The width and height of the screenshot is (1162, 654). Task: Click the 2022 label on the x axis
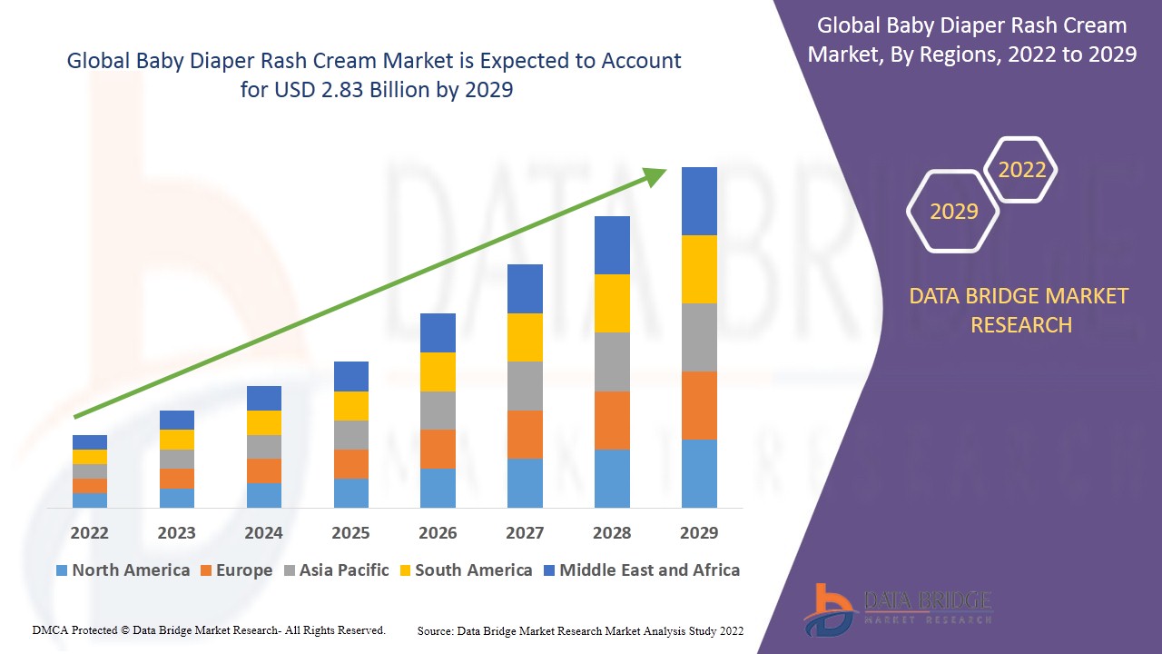pyautogui.click(x=89, y=532)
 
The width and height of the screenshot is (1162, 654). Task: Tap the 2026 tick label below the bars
pyautogui.click(x=438, y=532)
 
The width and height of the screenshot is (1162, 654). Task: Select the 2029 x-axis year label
pyautogui.click(x=699, y=532)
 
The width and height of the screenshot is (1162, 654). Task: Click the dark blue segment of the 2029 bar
pyautogui.click(x=699, y=201)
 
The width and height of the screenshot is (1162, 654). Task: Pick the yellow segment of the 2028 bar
pyautogui.click(x=612, y=303)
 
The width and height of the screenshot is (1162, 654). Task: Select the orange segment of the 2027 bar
pyautogui.click(x=525, y=434)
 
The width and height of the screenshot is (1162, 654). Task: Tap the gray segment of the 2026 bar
pyautogui.click(x=438, y=411)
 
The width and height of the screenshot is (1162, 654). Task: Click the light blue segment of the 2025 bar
pyautogui.click(x=351, y=492)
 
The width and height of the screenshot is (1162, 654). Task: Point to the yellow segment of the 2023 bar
pyautogui.click(x=177, y=440)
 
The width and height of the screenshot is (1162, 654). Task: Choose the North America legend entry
pyautogui.click(x=123, y=570)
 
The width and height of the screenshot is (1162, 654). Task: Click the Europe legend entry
pyautogui.click(x=235, y=570)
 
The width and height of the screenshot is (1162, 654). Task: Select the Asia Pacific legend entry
pyautogui.click(x=335, y=570)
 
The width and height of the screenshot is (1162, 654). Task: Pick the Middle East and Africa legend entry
pyautogui.click(x=641, y=570)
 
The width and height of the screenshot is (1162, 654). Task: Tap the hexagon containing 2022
pyautogui.click(x=1021, y=170)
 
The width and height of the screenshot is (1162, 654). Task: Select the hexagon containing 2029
pyautogui.click(x=953, y=212)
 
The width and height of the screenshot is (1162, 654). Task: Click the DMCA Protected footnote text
pyautogui.click(x=209, y=629)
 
